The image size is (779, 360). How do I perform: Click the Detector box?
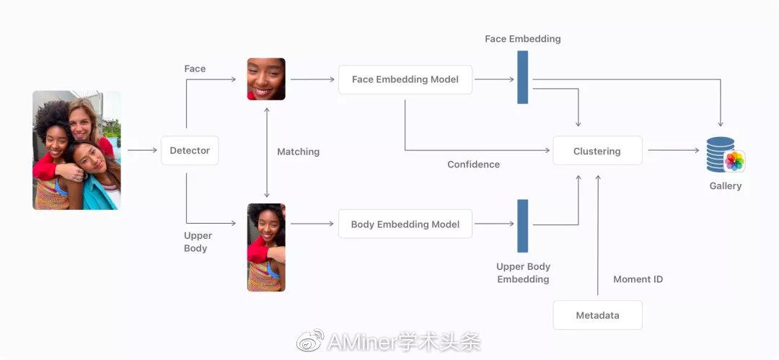coord(190,151)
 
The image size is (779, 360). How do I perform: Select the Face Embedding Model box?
coord(405,79)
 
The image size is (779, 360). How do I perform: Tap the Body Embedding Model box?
coord(405,224)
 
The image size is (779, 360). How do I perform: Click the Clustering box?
coord(597,151)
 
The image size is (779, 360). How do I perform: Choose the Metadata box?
coord(597,315)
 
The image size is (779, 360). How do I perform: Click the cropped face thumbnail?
coord(266,79)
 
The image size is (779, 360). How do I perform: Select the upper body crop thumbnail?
coord(266,247)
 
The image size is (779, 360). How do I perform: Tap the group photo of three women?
coord(76,150)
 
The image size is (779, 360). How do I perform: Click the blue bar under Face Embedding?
coord(523,77)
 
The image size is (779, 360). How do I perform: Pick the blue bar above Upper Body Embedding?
coord(523,226)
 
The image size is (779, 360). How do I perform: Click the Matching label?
coord(298,152)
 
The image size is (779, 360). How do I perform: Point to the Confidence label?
coord(473,164)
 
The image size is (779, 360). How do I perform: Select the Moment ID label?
coord(638,279)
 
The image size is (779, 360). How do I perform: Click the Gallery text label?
coord(725,186)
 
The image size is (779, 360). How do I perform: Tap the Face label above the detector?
coord(195,69)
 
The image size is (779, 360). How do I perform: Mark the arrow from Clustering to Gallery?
coord(673,151)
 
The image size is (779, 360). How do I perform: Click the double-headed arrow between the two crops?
coord(267,152)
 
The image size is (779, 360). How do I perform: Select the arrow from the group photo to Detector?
coord(141,151)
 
